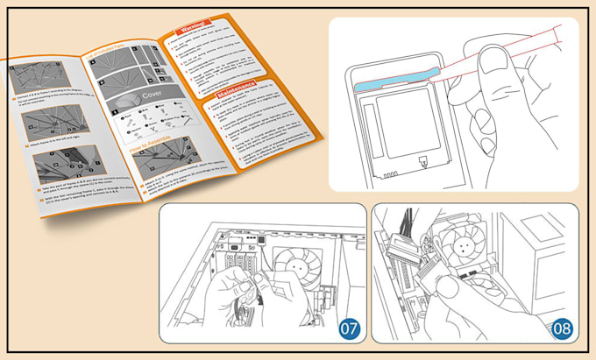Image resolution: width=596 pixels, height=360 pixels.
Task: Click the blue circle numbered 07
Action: (x=348, y=329)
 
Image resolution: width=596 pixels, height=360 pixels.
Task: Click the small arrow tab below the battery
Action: (x=422, y=160)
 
